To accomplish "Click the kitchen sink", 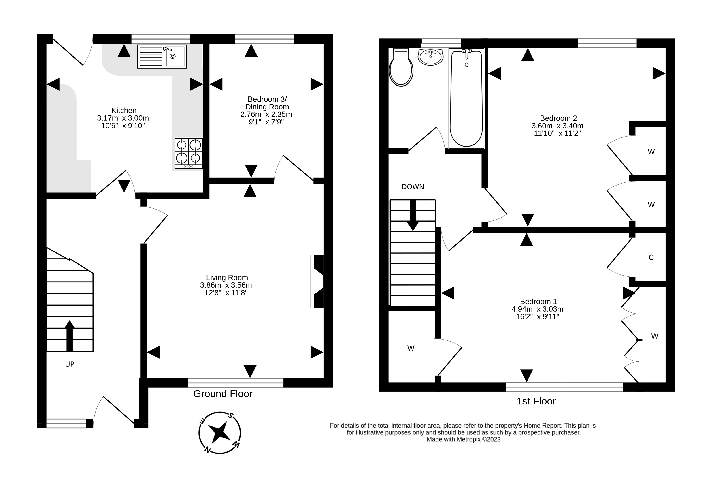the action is tap(162, 56).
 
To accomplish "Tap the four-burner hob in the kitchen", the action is tap(189, 153).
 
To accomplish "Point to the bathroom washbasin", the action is tap(430, 57).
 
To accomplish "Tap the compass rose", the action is tap(219, 433).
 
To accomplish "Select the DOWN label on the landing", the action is tap(413, 187).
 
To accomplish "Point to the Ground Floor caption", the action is tap(223, 394).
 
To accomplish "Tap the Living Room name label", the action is tap(227, 277).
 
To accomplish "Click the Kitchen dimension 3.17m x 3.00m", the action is tap(123, 118).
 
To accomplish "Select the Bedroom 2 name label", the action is tap(558, 118).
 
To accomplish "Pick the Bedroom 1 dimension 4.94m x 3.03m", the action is tap(537, 309).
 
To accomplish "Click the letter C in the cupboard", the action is tap(651, 258).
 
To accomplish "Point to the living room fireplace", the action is tap(317, 281).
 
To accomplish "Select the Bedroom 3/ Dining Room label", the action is tap(267, 103).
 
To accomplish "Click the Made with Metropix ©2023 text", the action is tap(464, 439).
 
